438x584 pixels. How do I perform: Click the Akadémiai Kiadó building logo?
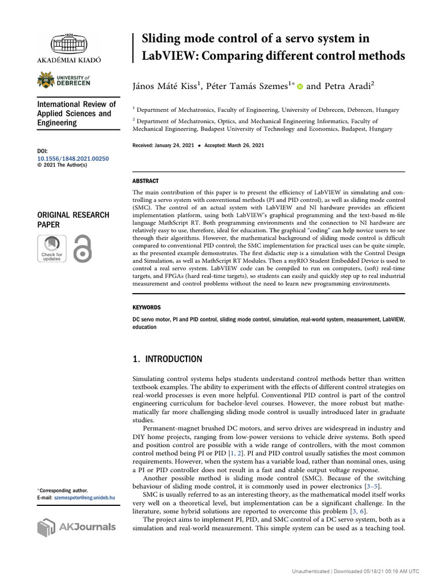pyautogui.click(x=69, y=43)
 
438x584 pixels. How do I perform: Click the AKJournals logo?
pyautogui.click(x=76, y=526)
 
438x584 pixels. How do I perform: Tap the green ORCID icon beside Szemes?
pyautogui.click(x=300, y=87)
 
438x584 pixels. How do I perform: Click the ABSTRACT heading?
pyautogui.click(x=145, y=181)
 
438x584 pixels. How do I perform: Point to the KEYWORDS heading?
pyautogui.click(x=147, y=307)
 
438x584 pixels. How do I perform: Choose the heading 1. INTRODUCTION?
pyautogui.click(x=167, y=359)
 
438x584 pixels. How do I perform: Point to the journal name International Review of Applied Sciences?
pyautogui.click(x=76, y=113)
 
